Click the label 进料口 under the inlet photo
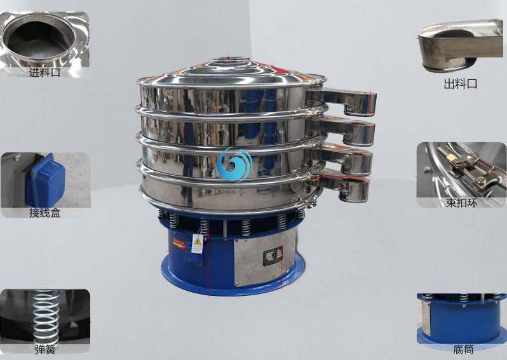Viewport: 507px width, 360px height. point(44,72)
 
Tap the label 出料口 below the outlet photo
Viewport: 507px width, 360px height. point(461,84)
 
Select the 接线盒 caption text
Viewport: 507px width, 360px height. point(44,213)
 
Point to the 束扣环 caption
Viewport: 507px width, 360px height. point(461,203)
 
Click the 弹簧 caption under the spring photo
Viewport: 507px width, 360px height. point(45,349)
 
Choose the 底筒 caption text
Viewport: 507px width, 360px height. point(463,349)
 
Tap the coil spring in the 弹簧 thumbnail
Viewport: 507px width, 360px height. point(46,317)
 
